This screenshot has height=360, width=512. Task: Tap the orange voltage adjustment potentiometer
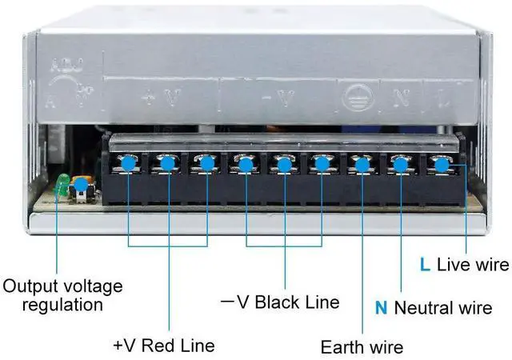click(x=81, y=189)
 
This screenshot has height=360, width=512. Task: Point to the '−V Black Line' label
click(x=280, y=302)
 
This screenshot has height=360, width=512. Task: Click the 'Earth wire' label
click(x=362, y=346)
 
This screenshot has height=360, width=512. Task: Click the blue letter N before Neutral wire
click(x=381, y=306)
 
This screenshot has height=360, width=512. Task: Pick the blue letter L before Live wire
click(x=425, y=265)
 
